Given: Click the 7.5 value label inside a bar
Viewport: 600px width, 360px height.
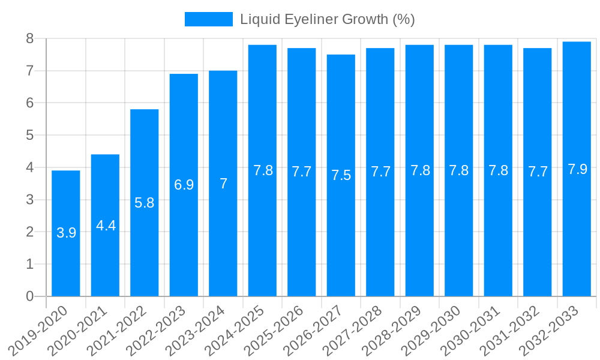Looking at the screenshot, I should tap(341, 175).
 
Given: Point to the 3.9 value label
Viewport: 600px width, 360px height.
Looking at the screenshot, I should tap(66, 233).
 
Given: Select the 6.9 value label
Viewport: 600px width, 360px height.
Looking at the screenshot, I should tap(184, 185).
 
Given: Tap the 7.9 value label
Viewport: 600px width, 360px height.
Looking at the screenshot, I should tap(577, 169).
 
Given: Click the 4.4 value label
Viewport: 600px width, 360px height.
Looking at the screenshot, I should tap(106, 226).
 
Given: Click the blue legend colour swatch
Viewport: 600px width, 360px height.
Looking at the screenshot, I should tap(208, 19).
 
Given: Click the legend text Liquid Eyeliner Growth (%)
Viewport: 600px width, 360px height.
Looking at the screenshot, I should tap(328, 19).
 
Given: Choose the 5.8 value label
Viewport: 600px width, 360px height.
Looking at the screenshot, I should tap(145, 203).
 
